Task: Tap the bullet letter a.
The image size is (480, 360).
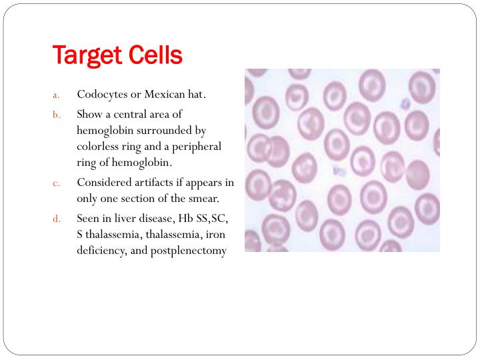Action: coord(56,95)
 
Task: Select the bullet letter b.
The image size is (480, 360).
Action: coord(56,115)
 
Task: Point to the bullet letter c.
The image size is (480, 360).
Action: coord(56,183)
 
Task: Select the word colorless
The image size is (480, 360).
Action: coord(99,146)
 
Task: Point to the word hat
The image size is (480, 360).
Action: coord(197,94)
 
